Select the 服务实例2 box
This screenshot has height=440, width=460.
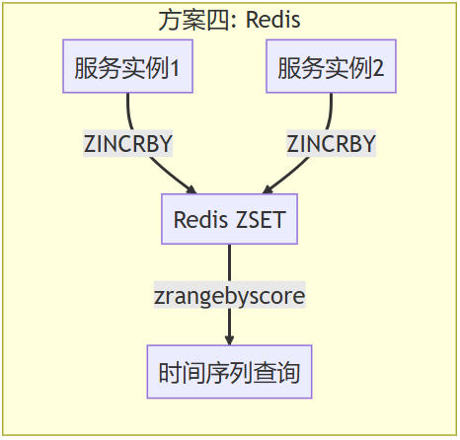click(330, 68)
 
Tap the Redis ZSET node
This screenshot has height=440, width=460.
click(230, 219)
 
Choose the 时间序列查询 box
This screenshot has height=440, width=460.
click(230, 372)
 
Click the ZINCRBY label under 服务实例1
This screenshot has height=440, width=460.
click(128, 144)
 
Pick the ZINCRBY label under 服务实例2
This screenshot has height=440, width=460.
click(332, 144)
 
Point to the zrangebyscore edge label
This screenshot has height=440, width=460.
click(230, 296)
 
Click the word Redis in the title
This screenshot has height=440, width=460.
click(274, 19)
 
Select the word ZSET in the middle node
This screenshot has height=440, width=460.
click(261, 219)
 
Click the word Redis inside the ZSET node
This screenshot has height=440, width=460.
click(201, 219)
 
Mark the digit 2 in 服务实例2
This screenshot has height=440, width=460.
click(379, 69)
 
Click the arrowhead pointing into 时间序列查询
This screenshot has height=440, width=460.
click(230, 340)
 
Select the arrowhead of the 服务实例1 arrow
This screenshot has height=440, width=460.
click(193, 189)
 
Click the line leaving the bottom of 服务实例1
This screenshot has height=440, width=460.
click(129, 109)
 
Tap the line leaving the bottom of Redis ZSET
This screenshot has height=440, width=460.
click(230, 261)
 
